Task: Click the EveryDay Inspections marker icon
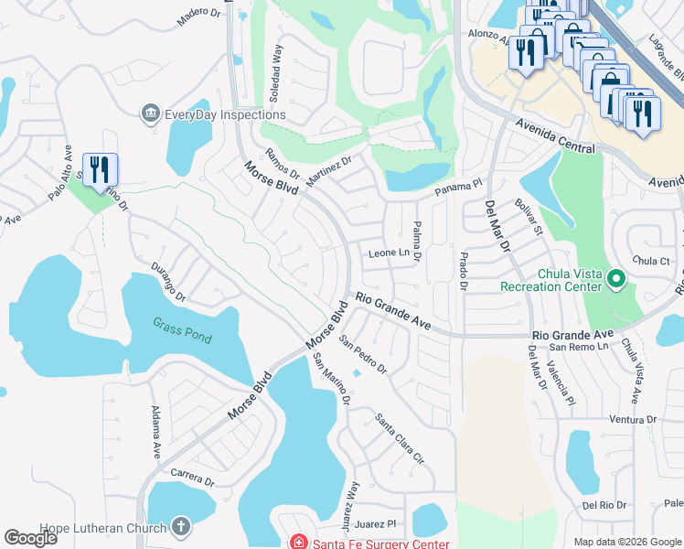150,114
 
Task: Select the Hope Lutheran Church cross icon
181,527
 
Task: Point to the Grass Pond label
181,330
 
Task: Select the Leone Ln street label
388,253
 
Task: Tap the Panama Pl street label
457,188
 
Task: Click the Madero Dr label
198,17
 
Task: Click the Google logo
30,538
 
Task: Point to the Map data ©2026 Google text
626,542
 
